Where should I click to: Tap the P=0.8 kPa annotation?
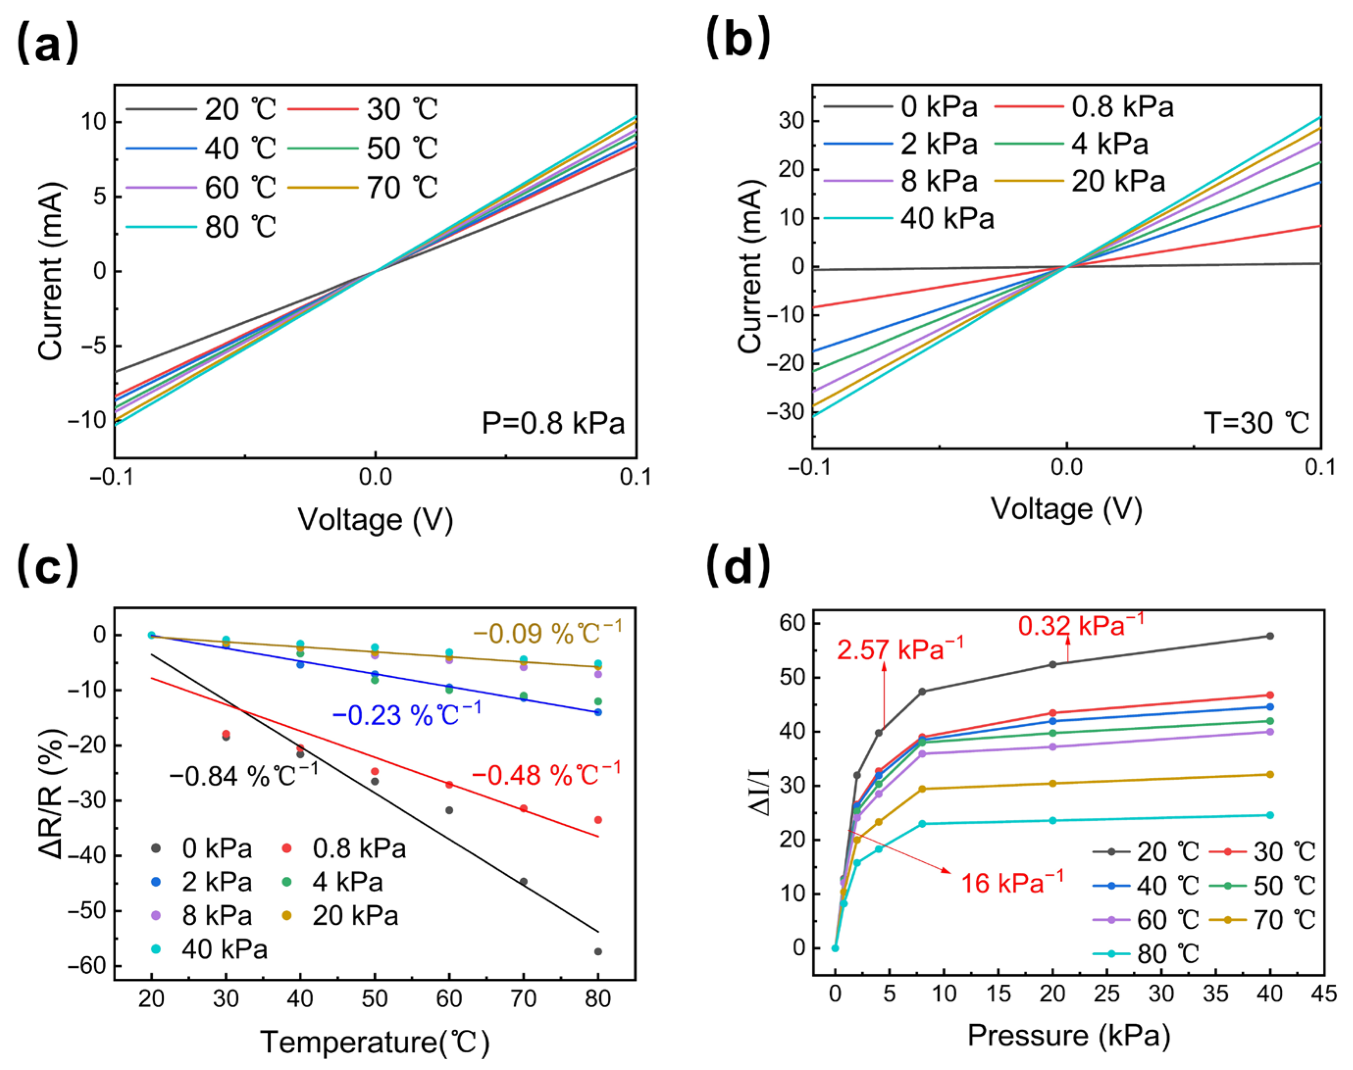point(553,424)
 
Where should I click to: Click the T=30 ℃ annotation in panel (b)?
point(1256,424)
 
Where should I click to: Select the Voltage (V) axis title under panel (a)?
point(375,519)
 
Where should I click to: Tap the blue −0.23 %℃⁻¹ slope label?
point(406,714)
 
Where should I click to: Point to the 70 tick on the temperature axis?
point(523,998)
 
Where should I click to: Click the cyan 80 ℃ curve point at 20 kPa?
point(1053,820)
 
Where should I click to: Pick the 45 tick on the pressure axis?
point(1324,994)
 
